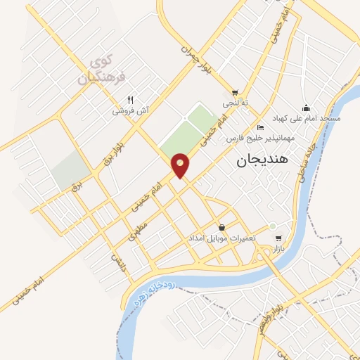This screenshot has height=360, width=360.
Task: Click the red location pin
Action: coord(181,165)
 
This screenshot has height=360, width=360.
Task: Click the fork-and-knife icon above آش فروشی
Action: coord(130,99)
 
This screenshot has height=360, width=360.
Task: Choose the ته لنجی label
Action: coord(235,103)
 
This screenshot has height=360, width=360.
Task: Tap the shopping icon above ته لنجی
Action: coord(235,92)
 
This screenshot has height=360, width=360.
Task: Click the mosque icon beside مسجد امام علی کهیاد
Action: coord(306,108)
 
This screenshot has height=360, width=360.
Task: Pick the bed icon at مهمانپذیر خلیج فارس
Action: coord(261,127)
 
